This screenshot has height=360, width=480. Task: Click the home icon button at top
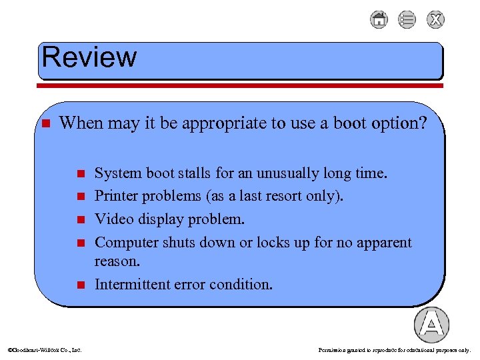pos(379,19)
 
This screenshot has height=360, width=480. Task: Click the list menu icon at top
pos(407,19)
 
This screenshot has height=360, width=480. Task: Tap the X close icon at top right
pos(436,19)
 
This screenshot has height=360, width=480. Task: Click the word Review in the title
pos(89,57)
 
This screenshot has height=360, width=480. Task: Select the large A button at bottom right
pos(431,325)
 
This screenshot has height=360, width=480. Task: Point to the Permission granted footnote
pos(394,349)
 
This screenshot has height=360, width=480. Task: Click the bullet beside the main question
pos(45,124)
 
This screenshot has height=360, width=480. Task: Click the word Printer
pos(115,197)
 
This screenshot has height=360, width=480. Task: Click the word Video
pos(111,219)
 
